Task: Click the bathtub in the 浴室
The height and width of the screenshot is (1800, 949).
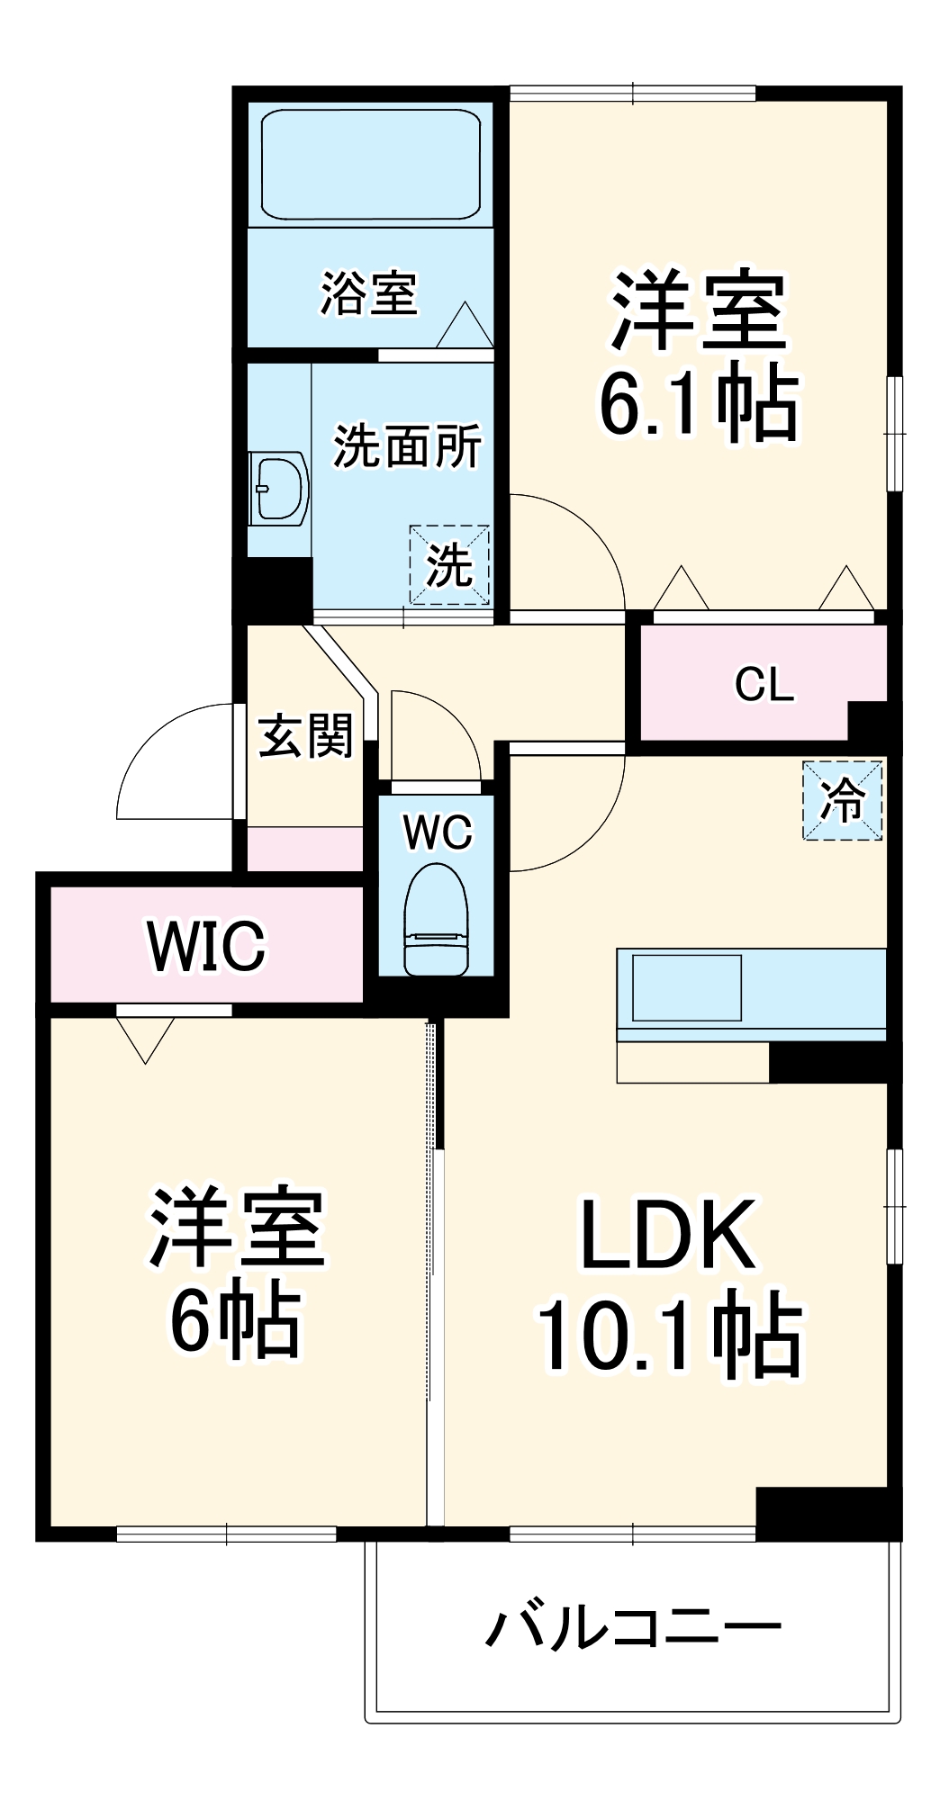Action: point(370,164)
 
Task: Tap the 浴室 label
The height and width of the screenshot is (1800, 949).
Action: point(369,293)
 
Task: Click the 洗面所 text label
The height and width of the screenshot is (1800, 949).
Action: point(407,445)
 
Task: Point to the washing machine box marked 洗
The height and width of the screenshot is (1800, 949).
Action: point(449,565)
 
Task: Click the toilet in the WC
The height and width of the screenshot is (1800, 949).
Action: point(437,919)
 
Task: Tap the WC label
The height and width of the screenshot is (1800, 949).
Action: point(438,832)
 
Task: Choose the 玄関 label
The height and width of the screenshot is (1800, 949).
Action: point(305,737)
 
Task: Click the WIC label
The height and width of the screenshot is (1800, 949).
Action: point(207,946)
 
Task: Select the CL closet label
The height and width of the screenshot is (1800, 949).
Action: point(764,685)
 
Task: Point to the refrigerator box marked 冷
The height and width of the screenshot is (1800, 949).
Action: point(842,800)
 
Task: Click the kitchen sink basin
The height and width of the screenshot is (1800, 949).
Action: point(687,987)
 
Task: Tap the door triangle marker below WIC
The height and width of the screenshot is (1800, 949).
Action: point(146,1039)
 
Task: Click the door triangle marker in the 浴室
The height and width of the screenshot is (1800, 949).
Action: point(465,326)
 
